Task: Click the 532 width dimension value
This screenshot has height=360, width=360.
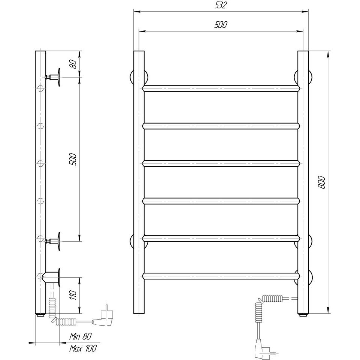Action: [221, 5]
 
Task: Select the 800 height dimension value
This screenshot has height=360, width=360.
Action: [322, 182]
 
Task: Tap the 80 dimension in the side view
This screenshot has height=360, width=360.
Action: [73, 64]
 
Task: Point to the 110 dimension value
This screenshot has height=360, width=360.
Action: [73, 295]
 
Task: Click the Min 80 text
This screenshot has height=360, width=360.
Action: [81, 336]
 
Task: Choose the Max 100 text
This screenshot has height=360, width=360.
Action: [83, 348]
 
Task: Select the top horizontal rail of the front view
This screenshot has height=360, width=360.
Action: [221, 88]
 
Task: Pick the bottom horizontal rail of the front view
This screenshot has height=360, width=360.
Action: [221, 276]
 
